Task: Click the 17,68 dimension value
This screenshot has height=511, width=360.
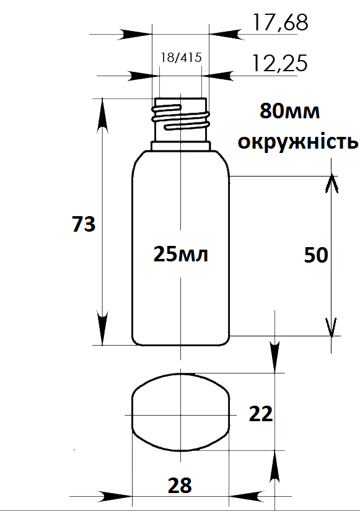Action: coord(281,22)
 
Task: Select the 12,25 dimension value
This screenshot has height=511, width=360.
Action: coord(280,63)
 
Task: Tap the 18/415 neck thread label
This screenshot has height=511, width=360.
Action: coord(182,58)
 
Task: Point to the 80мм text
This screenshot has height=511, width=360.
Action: coord(289,111)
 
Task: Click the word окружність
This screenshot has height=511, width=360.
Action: coord(297,142)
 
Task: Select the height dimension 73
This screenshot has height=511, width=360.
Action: coord(84,224)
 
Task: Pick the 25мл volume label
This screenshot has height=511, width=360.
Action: coord(181,254)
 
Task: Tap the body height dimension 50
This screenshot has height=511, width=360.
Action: coord(315,255)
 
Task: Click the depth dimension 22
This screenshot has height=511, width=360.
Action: coord(261,414)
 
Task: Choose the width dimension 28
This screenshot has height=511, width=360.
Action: coord(180,486)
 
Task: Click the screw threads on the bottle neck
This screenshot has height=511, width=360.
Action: coord(180,117)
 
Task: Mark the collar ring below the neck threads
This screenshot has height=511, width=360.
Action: coord(181,146)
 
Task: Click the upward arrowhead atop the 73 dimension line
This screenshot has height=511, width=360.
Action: coord(102,114)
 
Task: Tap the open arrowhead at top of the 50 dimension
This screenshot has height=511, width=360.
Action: coord(331,184)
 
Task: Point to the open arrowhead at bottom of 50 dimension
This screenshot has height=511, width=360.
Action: coord(331,327)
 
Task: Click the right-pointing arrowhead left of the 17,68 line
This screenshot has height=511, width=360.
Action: coord(135,34)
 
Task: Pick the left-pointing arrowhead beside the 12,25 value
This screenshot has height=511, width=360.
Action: coord(218,76)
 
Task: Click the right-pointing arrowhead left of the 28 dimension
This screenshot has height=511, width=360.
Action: coord(115,497)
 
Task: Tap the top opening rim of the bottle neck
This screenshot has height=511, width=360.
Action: coord(180,98)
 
